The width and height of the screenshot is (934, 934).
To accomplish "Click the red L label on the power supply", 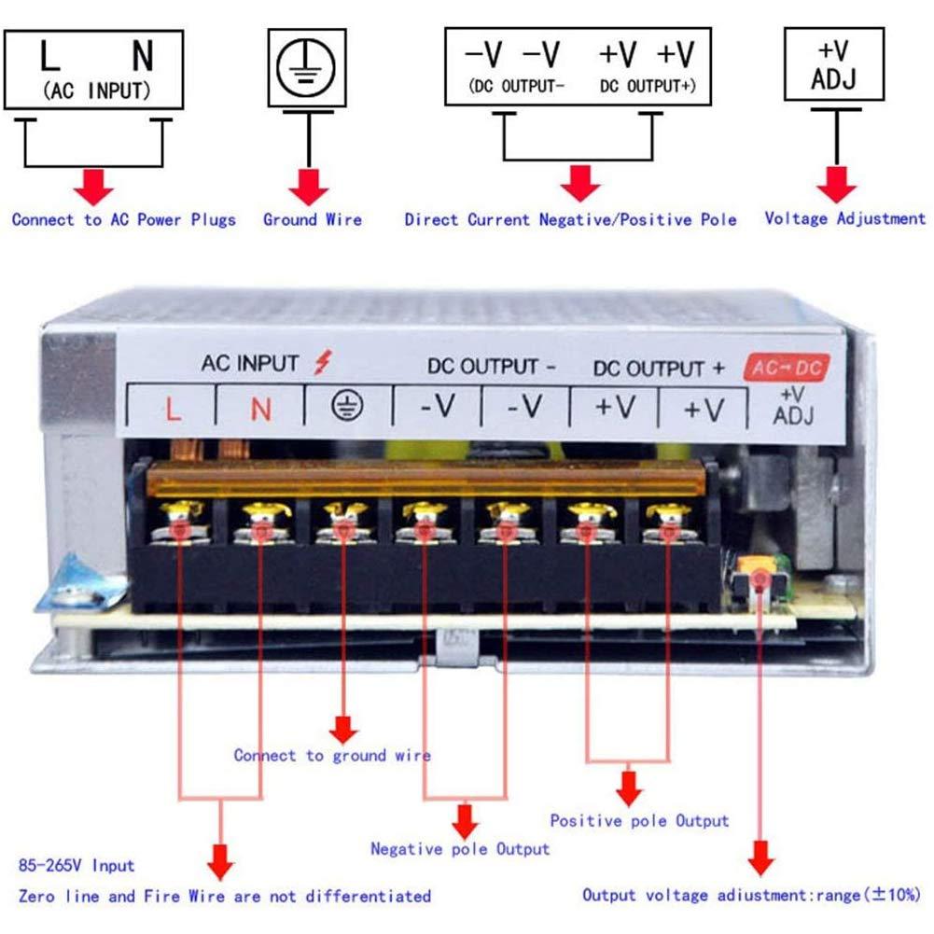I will (173, 408).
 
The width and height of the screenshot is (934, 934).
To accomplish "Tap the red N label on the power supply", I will (261, 408).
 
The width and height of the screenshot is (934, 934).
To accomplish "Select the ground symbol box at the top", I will (307, 67).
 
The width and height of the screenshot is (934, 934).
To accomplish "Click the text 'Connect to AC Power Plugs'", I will (123, 220).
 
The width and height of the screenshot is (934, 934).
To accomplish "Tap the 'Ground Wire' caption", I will (312, 220).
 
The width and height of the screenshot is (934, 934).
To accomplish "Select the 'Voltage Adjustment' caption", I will (844, 218).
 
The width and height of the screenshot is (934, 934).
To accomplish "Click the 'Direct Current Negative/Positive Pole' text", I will (570, 220).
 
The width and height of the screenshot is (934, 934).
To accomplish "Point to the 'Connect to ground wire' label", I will (332, 755).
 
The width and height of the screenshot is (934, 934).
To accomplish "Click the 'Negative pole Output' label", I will (460, 849).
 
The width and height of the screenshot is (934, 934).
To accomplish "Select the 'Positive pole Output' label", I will (638, 821).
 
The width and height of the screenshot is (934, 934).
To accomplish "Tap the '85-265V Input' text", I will (76, 866).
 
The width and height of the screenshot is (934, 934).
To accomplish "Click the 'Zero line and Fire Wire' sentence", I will (224, 896).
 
